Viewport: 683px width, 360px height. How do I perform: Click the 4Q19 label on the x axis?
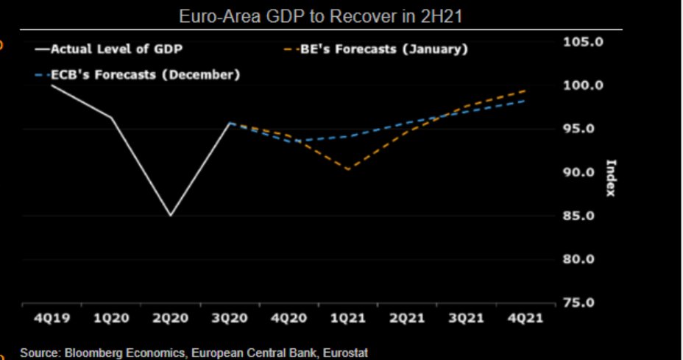(x=52, y=320)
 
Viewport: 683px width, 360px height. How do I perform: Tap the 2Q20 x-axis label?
(x=171, y=320)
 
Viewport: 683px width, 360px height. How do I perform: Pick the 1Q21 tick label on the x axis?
(x=347, y=320)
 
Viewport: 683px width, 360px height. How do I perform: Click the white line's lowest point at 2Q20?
(x=171, y=216)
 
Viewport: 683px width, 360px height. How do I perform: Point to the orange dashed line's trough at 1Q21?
(x=347, y=169)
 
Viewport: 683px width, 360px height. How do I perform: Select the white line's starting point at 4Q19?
(x=52, y=85)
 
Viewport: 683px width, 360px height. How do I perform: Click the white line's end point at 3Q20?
(x=230, y=123)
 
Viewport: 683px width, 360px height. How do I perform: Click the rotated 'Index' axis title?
(x=610, y=177)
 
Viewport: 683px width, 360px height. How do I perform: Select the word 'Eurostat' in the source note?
(x=342, y=353)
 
